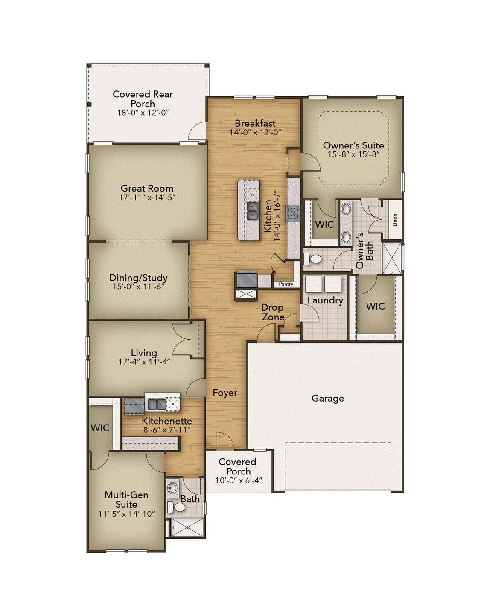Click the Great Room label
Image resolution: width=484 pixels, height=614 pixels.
click(147, 188)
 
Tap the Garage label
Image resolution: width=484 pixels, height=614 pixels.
click(327, 398)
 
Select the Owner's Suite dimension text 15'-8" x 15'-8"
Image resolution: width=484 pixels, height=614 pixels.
click(353, 155)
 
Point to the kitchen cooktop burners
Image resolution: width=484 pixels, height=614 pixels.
click(293, 213)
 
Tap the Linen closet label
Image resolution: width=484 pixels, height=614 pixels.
click(395, 220)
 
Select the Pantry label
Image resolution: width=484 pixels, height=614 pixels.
click(286, 284)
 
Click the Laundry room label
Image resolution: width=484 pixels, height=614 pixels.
click(325, 300)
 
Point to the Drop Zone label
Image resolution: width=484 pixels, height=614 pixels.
click(273, 312)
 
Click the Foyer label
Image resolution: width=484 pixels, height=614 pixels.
click(225, 393)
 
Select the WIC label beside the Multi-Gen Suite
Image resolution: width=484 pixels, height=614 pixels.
click(100, 428)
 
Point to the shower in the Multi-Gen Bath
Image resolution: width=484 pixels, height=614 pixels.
click(187, 528)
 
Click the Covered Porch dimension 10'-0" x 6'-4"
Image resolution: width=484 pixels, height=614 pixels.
click(238, 480)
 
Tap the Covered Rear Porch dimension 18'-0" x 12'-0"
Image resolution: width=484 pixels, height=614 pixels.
click(143, 113)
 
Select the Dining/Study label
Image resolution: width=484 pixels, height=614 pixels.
click(138, 278)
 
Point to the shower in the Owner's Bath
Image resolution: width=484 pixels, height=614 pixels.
click(391, 258)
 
